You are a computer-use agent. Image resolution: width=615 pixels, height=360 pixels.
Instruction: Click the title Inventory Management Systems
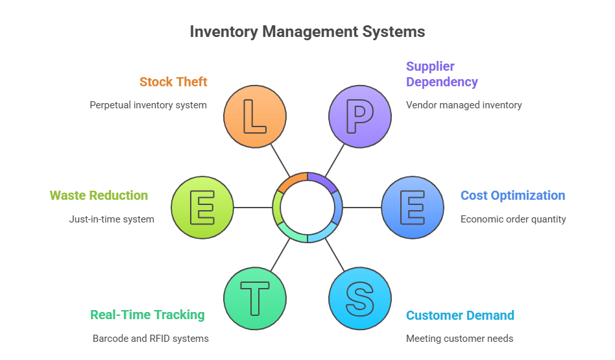(x=307, y=32)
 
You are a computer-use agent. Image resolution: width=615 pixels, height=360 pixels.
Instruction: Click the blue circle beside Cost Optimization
(x=412, y=208)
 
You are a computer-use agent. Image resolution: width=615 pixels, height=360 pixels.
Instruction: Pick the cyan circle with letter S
(x=359, y=298)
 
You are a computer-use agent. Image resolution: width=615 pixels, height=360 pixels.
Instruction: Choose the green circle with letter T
(x=254, y=298)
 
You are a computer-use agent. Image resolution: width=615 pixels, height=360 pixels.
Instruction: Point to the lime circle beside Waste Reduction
(x=202, y=208)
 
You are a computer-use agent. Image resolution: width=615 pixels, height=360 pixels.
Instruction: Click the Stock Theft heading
(x=173, y=82)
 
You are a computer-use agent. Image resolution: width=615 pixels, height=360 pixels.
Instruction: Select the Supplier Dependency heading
(x=441, y=74)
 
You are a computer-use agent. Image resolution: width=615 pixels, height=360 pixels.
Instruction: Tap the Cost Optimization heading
(x=512, y=195)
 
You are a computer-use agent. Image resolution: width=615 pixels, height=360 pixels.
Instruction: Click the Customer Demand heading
(x=460, y=315)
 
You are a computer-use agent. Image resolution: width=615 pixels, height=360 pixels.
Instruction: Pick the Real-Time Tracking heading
(x=147, y=315)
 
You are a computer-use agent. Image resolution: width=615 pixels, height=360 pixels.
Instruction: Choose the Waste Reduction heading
(x=99, y=195)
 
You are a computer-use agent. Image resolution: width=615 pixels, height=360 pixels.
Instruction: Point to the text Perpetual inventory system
(x=148, y=104)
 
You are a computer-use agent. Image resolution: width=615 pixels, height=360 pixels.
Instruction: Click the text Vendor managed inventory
(x=464, y=104)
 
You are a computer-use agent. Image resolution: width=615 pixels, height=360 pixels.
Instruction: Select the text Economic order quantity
(x=513, y=219)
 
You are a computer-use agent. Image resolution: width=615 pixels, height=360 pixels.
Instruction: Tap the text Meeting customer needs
(x=459, y=338)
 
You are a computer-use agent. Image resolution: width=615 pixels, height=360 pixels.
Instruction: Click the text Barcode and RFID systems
(x=151, y=338)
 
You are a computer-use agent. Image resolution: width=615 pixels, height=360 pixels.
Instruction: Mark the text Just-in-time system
(x=112, y=219)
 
